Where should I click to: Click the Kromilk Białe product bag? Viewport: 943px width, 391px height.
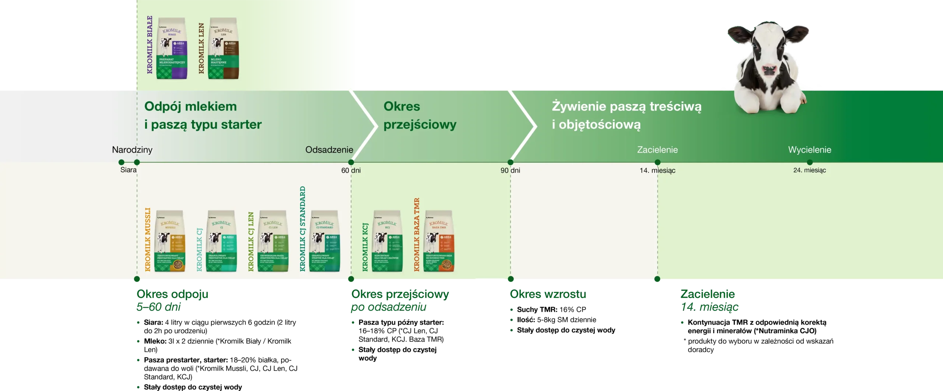[x=172, y=49]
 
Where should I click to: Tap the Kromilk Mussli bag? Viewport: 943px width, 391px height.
[x=169, y=241]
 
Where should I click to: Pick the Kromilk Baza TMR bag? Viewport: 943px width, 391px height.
[x=439, y=241]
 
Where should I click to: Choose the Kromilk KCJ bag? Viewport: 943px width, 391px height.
[x=387, y=241]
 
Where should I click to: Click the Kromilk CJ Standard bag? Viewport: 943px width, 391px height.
[x=324, y=241]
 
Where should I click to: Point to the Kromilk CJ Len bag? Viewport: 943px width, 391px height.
[x=273, y=241]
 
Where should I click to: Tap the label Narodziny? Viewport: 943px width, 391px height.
[x=132, y=150]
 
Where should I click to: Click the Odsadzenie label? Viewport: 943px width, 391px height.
[x=329, y=150]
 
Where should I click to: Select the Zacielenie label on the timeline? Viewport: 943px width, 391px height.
[x=658, y=150]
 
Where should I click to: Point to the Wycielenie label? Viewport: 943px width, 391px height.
[x=810, y=150]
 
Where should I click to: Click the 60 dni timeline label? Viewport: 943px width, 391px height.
[x=351, y=170]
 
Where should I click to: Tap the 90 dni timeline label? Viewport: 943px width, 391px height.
[x=510, y=170]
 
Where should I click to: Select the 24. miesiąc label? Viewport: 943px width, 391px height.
[x=810, y=170]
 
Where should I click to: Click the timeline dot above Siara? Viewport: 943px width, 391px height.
[x=121, y=162]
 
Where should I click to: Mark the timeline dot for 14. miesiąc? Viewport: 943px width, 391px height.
[x=658, y=162]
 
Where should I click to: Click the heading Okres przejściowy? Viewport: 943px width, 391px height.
[x=420, y=115]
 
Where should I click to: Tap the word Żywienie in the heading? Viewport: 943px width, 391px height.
[x=578, y=107]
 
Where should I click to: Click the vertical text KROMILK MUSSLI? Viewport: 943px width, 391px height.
[x=148, y=240]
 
